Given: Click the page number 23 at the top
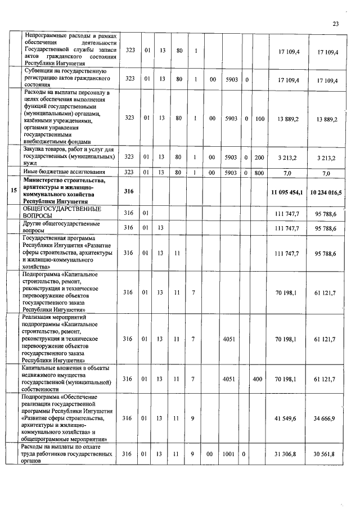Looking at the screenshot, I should click(x=336, y=24).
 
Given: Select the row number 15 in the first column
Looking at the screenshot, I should click(x=13, y=191).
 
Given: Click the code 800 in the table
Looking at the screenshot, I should click(x=259, y=172).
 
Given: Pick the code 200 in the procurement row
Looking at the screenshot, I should click(x=259, y=156).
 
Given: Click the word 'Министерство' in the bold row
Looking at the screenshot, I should click(x=48, y=180).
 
